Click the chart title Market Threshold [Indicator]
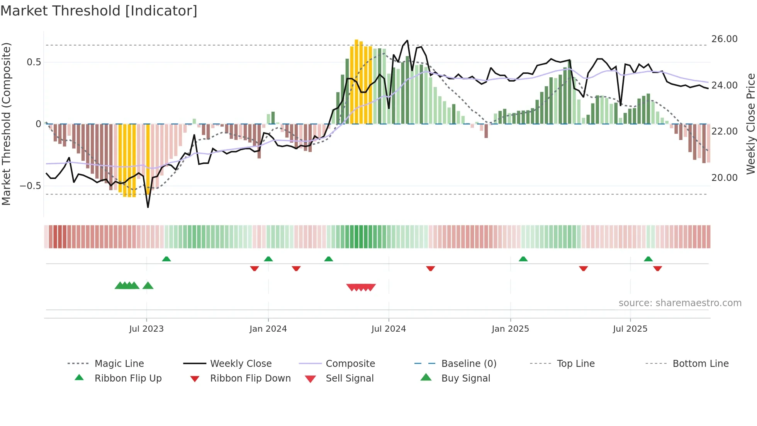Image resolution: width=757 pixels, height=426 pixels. tap(99, 11)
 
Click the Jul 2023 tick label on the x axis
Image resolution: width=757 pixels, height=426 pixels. tap(146, 329)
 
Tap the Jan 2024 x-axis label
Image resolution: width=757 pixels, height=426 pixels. tap(268, 329)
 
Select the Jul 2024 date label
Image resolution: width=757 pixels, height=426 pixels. tap(389, 329)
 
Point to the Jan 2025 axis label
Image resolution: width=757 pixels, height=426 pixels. tap(510, 329)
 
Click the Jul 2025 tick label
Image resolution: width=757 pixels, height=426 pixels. tap(630, 329)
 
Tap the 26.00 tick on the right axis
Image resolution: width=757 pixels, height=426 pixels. tap(724, 39)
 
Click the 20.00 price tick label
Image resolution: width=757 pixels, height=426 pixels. tap(724, 178)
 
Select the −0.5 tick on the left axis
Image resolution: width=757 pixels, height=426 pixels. tap(30, 186)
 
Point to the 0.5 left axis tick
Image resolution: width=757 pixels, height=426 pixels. tap(34, 62)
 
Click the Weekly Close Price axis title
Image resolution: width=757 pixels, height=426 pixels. tap(750, 124)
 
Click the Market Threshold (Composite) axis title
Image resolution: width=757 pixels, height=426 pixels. tap(6, 124)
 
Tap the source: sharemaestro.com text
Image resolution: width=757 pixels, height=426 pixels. tap(680, 303)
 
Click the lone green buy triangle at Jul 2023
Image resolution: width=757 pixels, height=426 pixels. tap(148, 286)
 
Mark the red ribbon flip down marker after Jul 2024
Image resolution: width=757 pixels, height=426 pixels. tap(431, 268)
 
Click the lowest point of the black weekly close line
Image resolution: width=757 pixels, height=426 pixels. tap(148, 207)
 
